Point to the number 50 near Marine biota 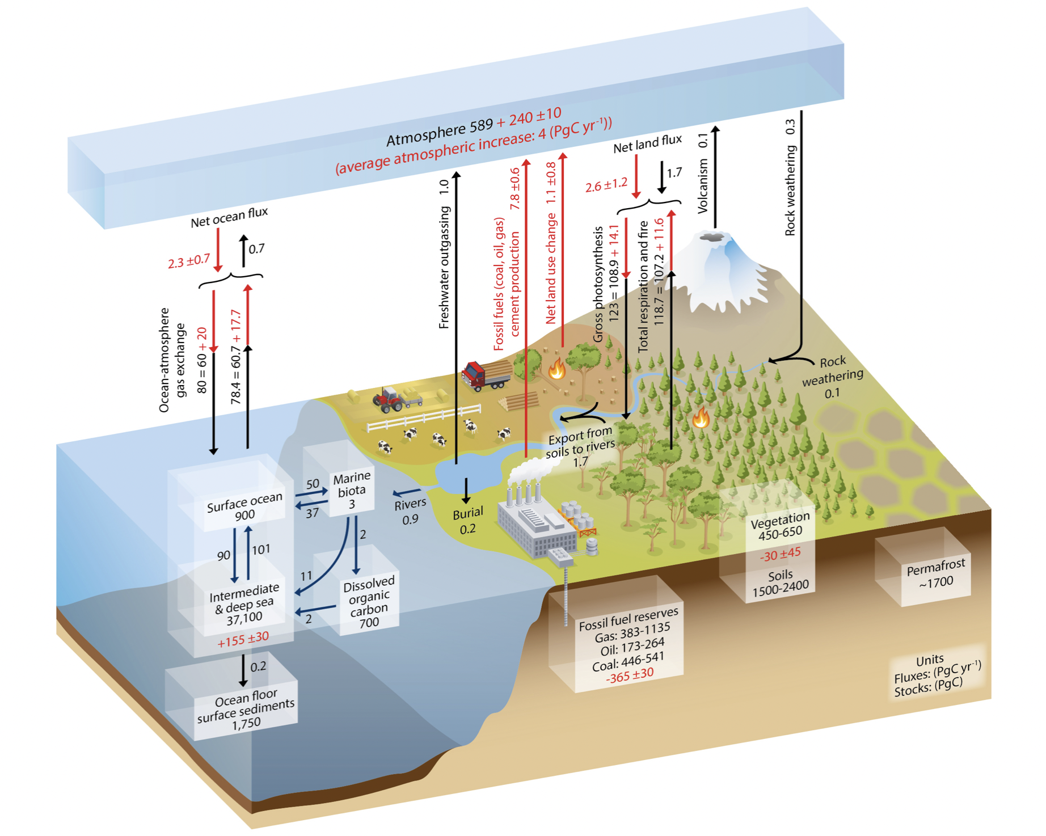coord(313,484)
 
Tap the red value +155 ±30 coord(243,640)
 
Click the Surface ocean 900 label coord(244,507)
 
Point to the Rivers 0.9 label coord(410,511)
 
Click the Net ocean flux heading coord(229,218)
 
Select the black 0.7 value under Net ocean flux coord(256,248)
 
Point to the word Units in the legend coord(930,660)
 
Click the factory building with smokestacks coord(536,525)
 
